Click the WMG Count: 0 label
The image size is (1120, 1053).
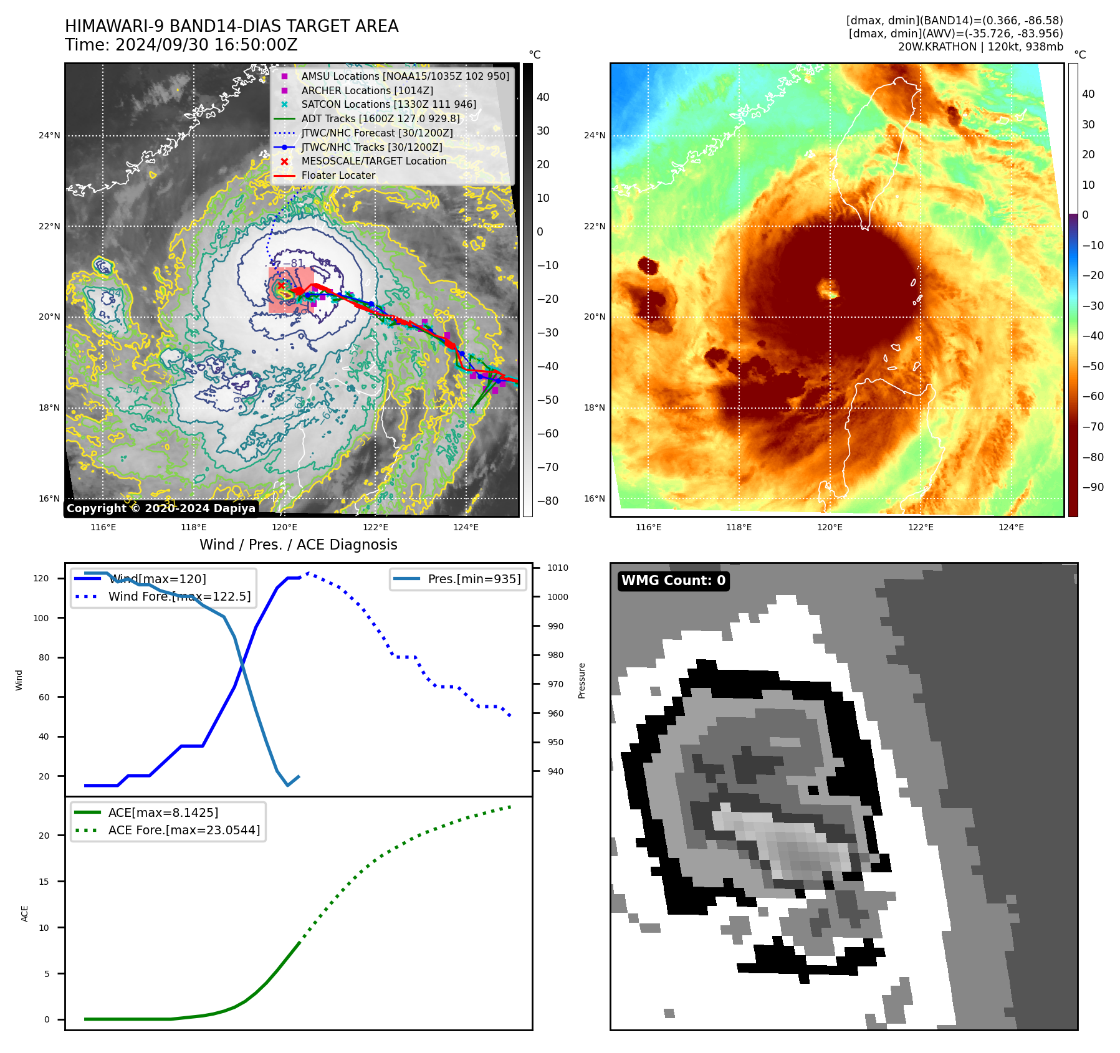point(673,581)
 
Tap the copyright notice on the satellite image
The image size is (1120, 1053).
point(161,508)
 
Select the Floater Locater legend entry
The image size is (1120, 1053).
point(338,176)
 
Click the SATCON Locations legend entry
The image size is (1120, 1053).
point(388,105)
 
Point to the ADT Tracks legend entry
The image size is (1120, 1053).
point(380,119)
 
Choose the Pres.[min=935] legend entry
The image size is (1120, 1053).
point(474,579)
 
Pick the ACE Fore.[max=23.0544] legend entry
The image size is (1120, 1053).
point(184,830)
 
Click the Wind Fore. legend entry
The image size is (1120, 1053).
point(179,596)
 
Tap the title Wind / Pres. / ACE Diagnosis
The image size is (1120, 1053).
point(298,545)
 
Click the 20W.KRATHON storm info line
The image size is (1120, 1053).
point(980,47)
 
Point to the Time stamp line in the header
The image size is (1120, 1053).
point(181,45)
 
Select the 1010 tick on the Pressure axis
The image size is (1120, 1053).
point(557,568)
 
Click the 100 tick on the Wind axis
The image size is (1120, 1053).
point(41,618)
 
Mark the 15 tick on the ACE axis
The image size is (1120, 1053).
point(44,882)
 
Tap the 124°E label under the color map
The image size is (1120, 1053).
point(1011,527)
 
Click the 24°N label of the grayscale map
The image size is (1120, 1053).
point(49,135)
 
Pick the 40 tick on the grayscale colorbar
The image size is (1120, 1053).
point(543,97)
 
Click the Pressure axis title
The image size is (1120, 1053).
point(582,680)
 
